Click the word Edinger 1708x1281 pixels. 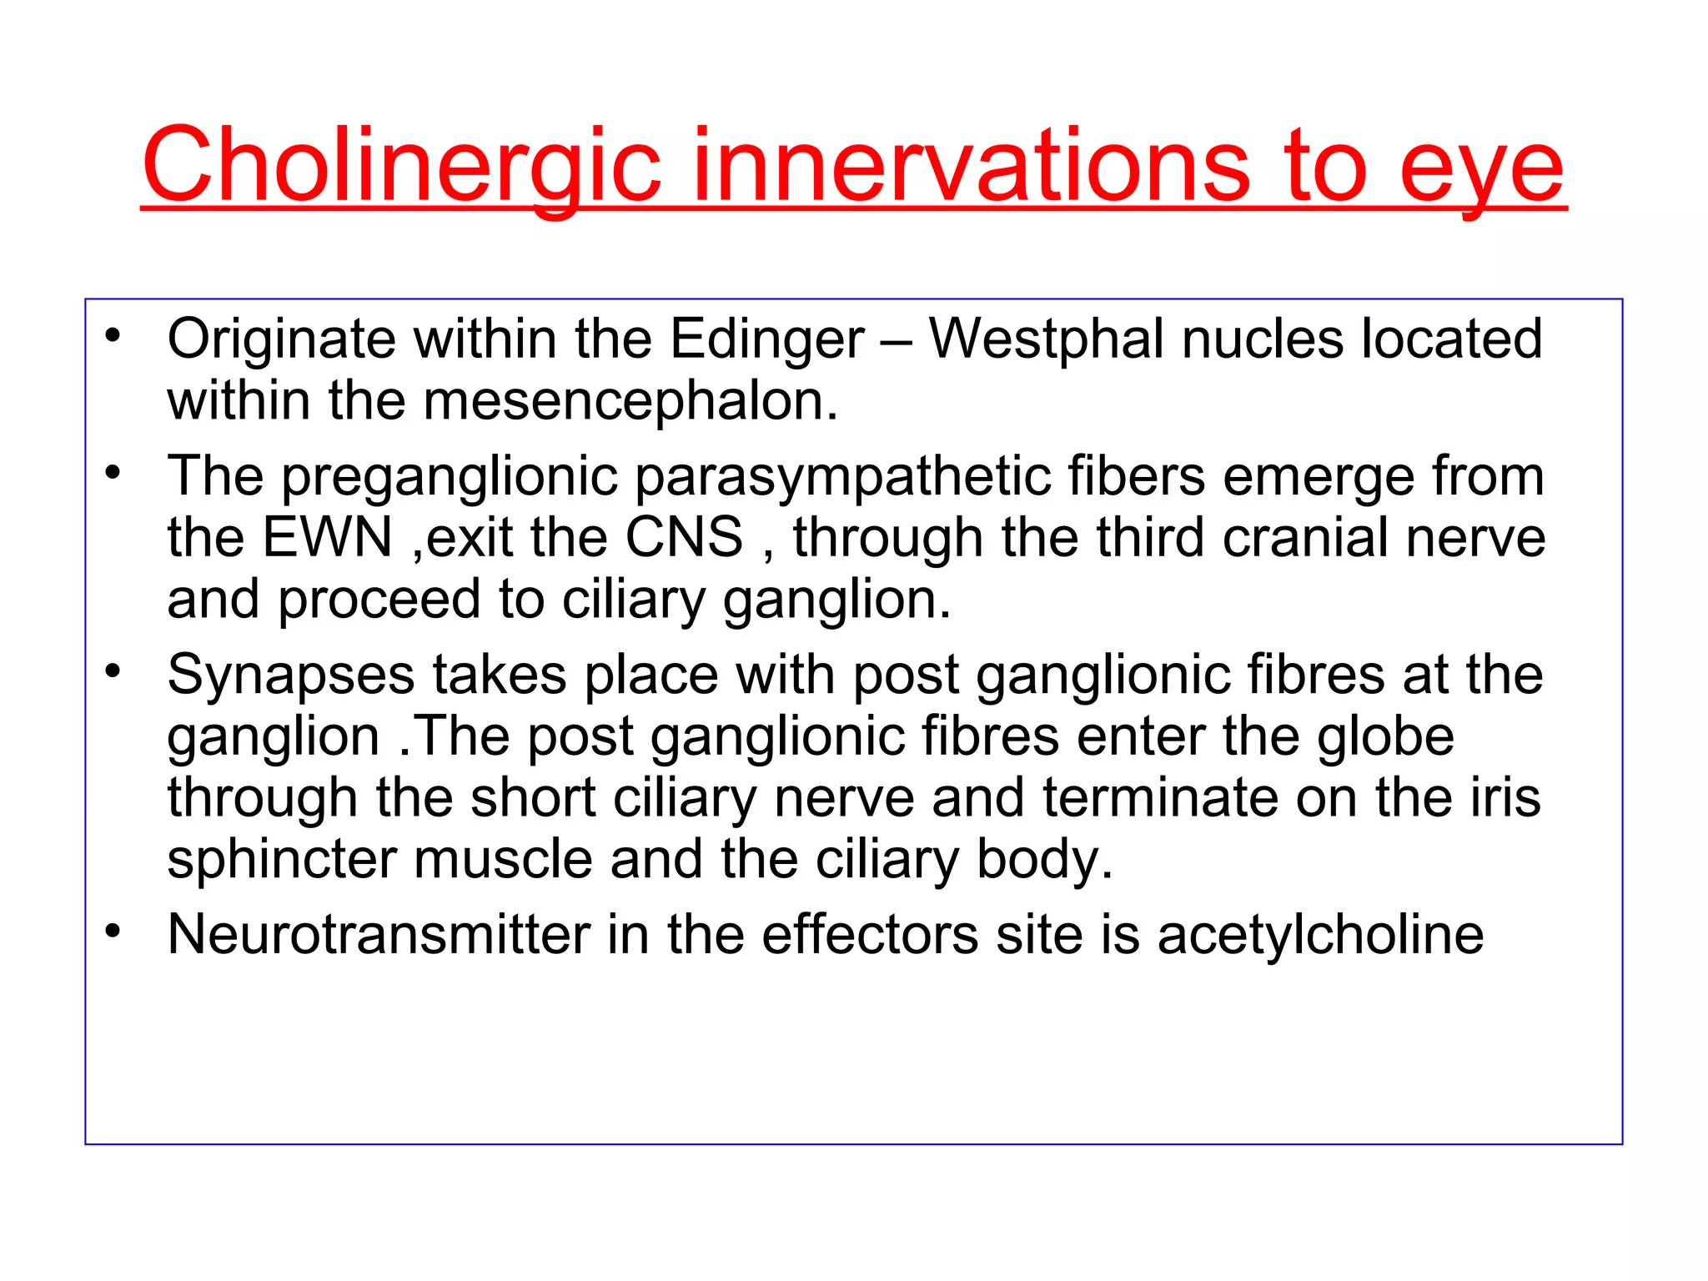pos(767,340)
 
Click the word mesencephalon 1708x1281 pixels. pos(630,401)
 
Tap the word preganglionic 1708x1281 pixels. pos(450,477)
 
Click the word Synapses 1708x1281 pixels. pos(290,675)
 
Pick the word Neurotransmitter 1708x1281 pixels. pos(379,934)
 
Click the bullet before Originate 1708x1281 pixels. pos(113,335)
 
